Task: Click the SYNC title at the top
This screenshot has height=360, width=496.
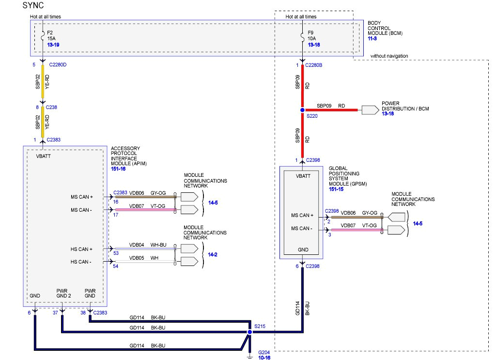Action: click(x=33, y=6)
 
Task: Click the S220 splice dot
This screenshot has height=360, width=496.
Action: click(x=302, y=110)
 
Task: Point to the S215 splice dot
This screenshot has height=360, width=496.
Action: click(x=249, y=333)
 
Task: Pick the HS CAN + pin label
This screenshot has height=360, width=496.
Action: click(x=81, y=249)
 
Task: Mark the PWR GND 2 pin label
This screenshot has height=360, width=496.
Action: click(x=63, y=294)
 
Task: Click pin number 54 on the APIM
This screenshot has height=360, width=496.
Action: click(x=116, y=266)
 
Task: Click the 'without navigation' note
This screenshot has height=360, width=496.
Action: click(x=389, y=56)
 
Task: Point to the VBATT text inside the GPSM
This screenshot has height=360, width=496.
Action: click(x=303, y=176)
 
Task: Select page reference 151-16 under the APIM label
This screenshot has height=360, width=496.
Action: click(x=119, y=169)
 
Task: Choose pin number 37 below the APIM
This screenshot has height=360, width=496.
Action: click(x=56, y=313)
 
